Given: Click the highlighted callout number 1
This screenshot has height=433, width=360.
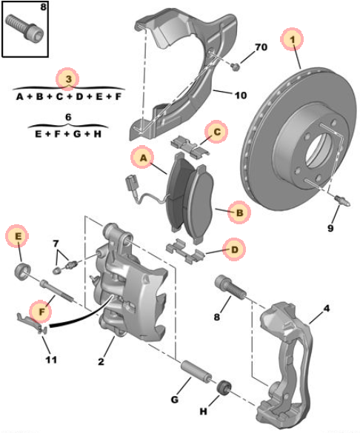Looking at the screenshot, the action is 292,39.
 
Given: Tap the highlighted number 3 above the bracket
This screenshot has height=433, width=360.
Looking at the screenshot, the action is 67,79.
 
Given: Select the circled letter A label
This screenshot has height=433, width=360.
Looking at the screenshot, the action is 143,158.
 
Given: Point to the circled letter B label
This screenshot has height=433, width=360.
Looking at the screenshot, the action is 239,212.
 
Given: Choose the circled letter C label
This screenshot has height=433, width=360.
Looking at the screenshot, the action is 216,132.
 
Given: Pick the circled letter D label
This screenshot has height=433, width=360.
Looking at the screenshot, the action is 234,250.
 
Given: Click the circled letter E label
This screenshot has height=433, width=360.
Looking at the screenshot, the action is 17,236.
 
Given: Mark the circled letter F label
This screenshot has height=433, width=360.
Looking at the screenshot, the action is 41,312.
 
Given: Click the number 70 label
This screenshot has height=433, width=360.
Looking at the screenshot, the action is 261,47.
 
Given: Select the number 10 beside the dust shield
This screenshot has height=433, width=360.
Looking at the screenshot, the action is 240,95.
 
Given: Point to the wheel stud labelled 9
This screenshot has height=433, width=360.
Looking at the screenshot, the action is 342,201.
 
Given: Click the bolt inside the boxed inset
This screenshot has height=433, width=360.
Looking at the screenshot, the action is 24,28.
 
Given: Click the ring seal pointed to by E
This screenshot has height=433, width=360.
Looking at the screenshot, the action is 23,271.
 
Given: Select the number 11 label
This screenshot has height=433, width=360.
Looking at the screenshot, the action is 51,360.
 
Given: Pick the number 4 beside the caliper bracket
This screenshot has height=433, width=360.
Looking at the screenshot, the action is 327,308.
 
